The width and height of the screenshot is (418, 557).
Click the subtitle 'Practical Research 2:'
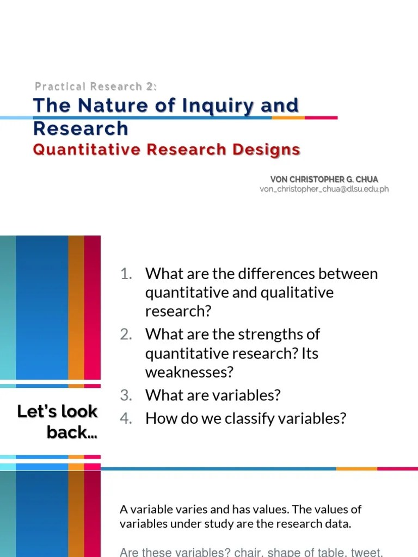pos(96,86)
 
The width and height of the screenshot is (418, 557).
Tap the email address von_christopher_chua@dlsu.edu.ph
pos(324,189)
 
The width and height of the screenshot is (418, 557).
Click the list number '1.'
pos(127,274)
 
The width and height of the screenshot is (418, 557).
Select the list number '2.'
pos(126,334)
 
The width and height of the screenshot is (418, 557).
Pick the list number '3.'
pos(126,395)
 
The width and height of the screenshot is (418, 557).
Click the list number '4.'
pos(126,418)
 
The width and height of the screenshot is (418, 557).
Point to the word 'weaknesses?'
pos(189,373)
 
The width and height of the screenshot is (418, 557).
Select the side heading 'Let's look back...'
pos(58,422)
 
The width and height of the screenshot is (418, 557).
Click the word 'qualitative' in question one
pos(297,293)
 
